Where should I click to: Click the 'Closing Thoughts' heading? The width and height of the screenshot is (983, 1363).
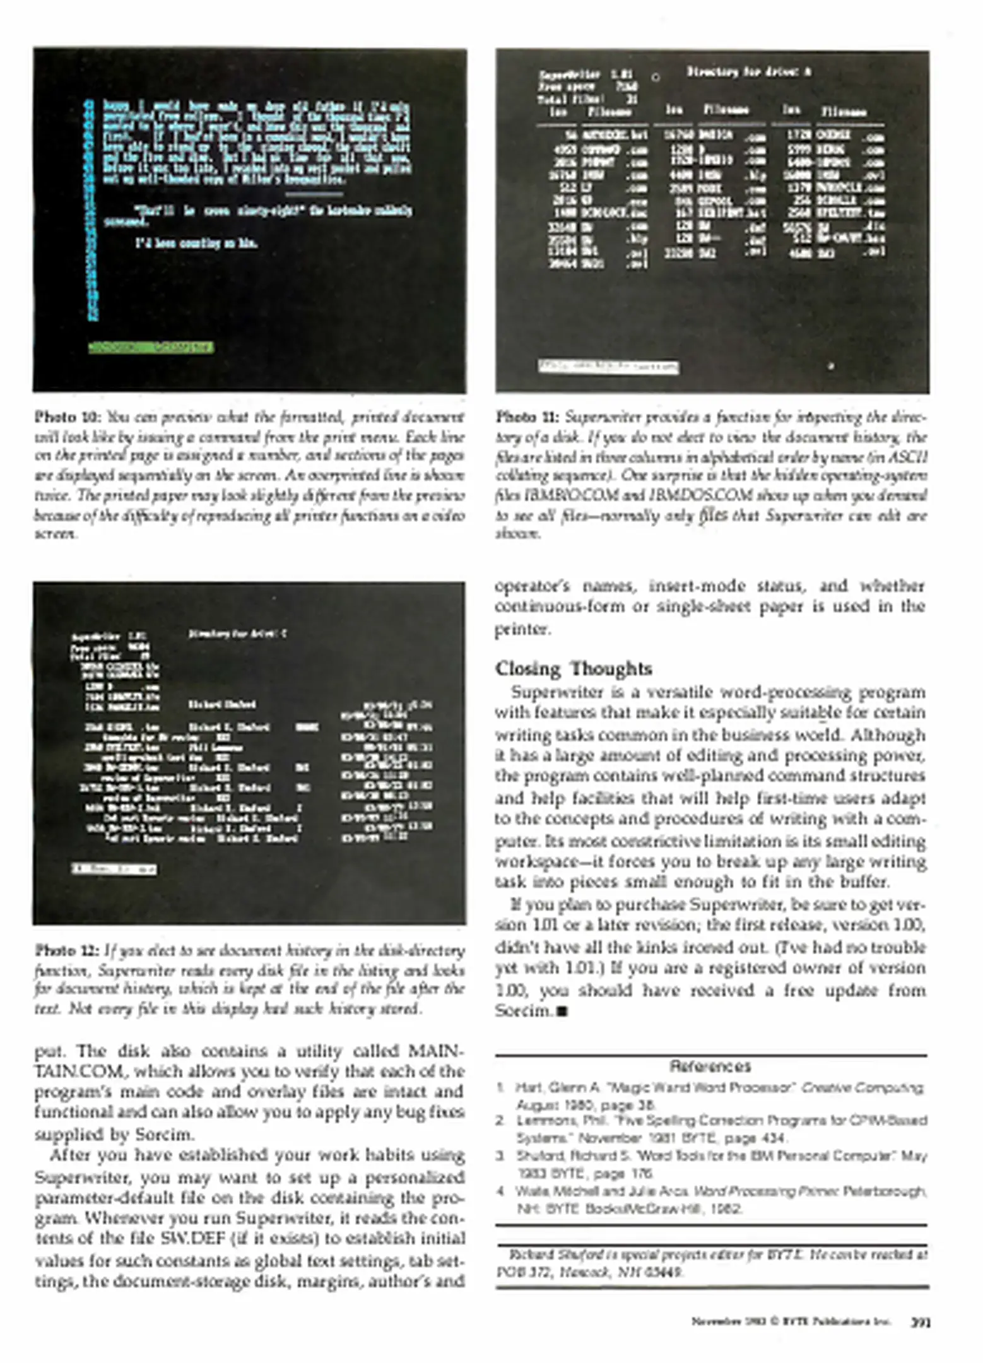tap(573, 668)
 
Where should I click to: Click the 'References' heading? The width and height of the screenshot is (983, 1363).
tap(710, 1066)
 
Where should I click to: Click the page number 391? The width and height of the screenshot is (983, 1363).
tap(921, 1322)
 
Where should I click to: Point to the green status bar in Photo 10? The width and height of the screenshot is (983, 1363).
tap(150, 347)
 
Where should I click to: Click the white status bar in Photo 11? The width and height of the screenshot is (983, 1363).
tap(608, 367)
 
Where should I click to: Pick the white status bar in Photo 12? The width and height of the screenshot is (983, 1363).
tap(114, 869)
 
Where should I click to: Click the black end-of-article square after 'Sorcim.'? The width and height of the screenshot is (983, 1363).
tap(563, 1012)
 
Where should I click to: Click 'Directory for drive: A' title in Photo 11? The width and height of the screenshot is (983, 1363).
tap(748, 72)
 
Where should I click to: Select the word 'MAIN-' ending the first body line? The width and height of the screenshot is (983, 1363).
tap(436, 1051)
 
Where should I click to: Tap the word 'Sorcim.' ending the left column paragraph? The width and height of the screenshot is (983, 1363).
tap(164, 1134)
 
